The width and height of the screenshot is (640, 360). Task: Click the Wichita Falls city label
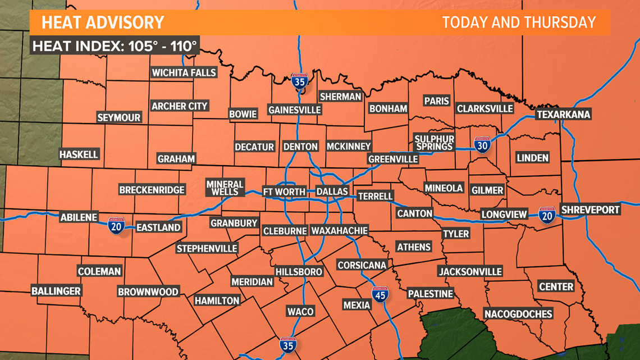pos(184,72)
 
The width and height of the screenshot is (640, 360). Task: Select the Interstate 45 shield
pos(381,294)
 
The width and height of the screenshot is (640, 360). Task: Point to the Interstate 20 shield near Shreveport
pos(546,215)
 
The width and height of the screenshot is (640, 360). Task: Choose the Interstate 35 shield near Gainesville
pos(300,82)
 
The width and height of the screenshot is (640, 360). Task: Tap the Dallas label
pos(332,192)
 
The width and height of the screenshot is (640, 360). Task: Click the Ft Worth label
pos(285,192)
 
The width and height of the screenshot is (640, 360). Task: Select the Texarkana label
pos(563,115)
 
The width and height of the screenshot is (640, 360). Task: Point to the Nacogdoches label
pos(518,313)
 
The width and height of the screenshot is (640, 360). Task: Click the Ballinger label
pos(56,291)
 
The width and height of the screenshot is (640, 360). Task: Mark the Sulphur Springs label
pos(434,143)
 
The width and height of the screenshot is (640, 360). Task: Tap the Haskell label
pos(79,154)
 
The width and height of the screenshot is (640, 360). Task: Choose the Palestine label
pos(430,294)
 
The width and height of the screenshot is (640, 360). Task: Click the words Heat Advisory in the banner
pos(103,23)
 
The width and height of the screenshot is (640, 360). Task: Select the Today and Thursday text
pos(518,22)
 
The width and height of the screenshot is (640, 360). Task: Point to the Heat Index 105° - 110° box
pos(115,46)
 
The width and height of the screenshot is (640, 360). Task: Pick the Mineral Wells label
pos(225,188)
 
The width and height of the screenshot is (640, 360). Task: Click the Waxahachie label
pos(340,230)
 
